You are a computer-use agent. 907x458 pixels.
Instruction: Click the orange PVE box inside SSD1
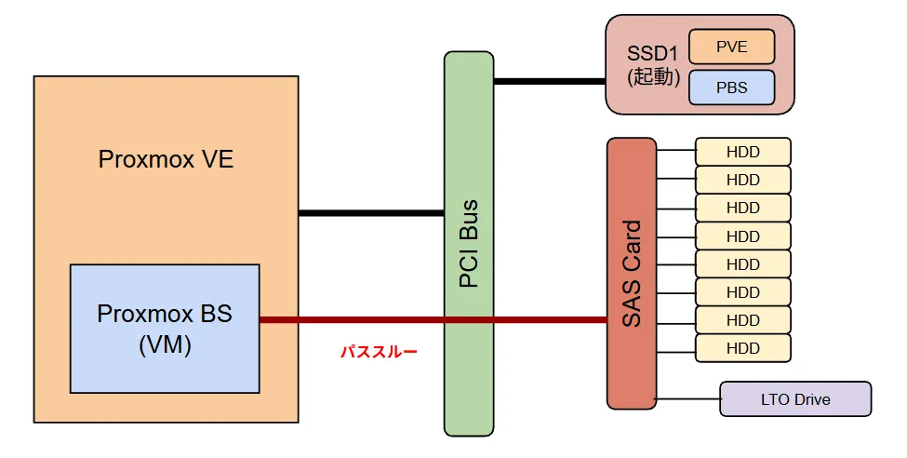(x=732, y=47)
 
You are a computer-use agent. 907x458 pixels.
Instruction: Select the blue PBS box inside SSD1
(x=732, y=88)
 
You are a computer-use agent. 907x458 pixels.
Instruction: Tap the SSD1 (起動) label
(x=653, y=65)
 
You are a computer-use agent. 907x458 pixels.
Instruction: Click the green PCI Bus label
(x=469, y=243)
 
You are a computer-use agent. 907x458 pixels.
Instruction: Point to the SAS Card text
(x=632, y=274)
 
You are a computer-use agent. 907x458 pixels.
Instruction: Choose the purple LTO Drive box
(x=795, y=399)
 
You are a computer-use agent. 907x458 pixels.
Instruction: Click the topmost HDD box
(x=742, y=152)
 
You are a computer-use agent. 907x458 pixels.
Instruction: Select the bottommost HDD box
(x=742, y=348)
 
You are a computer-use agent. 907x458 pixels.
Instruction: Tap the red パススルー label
(x=379, y=352)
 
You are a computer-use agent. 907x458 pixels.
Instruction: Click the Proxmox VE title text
(x=166, y=159)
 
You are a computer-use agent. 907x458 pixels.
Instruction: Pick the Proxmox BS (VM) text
(x=165, y=329)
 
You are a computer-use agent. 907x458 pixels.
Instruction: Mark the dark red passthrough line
(x=433, y=319)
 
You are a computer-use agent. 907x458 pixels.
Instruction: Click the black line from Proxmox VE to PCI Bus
(x=371, y=213)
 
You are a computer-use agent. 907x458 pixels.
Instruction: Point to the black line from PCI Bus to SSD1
(x=550, y=82)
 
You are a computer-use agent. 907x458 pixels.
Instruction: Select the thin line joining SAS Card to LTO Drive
(x=688, y=399)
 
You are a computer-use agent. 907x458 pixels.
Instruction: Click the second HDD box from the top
(x=742, y=180)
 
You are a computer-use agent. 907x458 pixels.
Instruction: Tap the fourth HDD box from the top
(x=742, y=236)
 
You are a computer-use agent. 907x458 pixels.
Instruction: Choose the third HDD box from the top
(x=742, y=208)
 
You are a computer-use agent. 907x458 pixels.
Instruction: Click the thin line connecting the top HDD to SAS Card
(x=676, y=150)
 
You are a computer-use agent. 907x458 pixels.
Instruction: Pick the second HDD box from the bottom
(x=742, y=320)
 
